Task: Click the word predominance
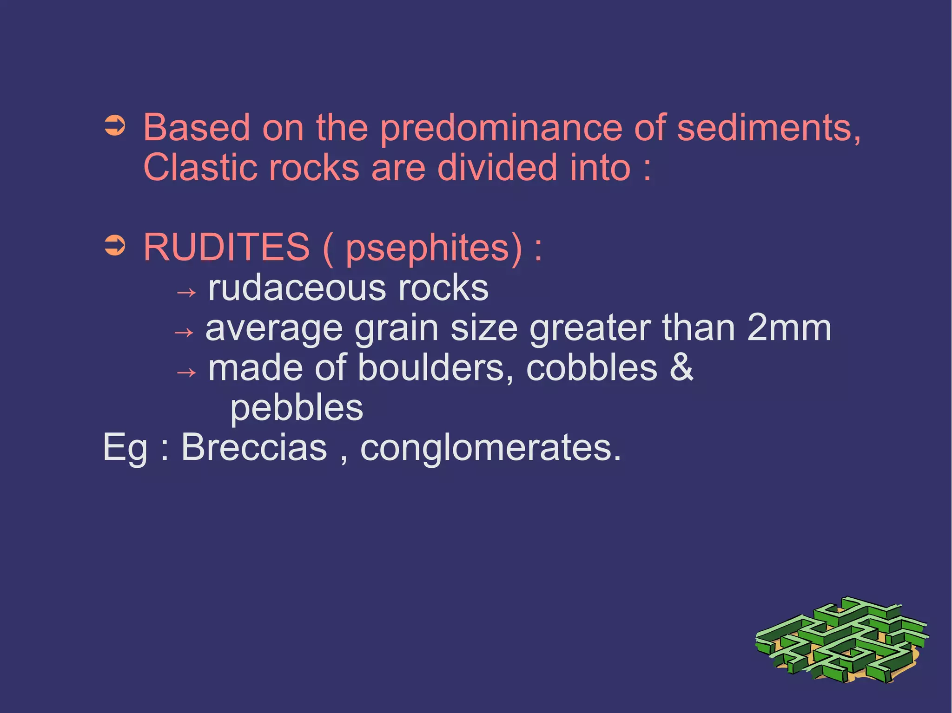point(501,128)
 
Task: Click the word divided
point(497,168)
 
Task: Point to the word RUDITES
point(226,247)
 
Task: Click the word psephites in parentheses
point(428,249)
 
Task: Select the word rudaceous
point(297,288)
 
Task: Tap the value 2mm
point(789,328)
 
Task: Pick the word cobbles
point(592,368)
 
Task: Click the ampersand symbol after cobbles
point(681,367)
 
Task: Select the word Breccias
point(254,447)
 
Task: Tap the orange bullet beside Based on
point(115,126)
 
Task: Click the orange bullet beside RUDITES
point(115,246)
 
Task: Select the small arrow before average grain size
point(183,333)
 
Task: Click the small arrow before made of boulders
point(186,373)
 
